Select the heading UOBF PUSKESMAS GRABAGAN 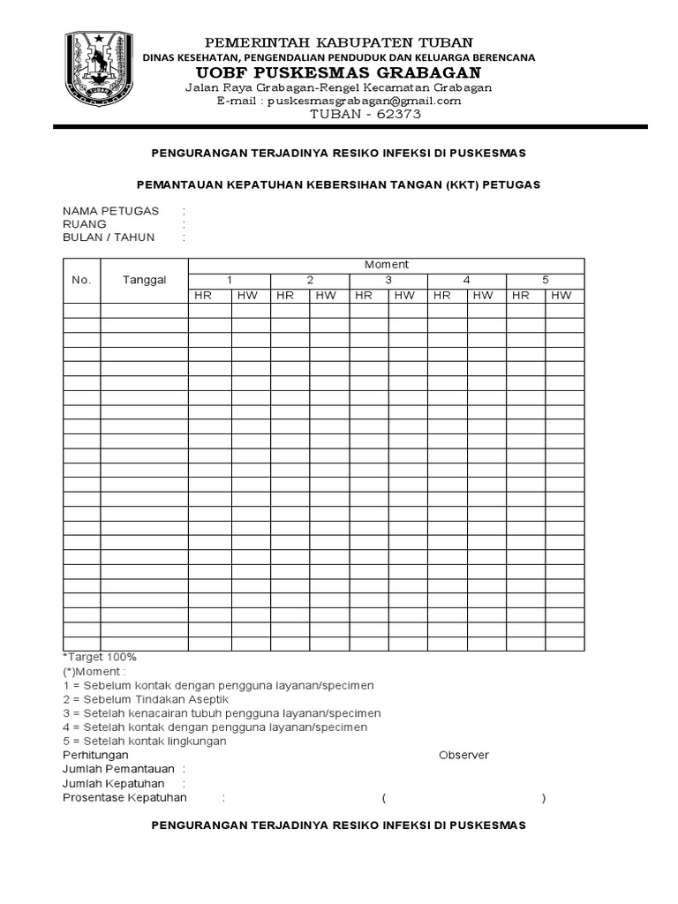(339, 72)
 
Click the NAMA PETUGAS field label (110, 211)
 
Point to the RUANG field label (85, 224)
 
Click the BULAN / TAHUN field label (109, 237)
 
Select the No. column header (81, 280)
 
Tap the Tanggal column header (145, 280)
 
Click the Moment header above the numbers (386, 265)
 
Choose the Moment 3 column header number (388, 280)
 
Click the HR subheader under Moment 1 (203, 296)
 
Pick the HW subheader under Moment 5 (561, 296)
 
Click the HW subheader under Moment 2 (326, 296)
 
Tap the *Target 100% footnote (100, 657)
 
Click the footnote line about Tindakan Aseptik (145, 699)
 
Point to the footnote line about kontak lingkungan (145, 742)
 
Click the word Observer (463, 756)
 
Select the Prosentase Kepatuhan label (124, 798)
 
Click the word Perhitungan (95, 756)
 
